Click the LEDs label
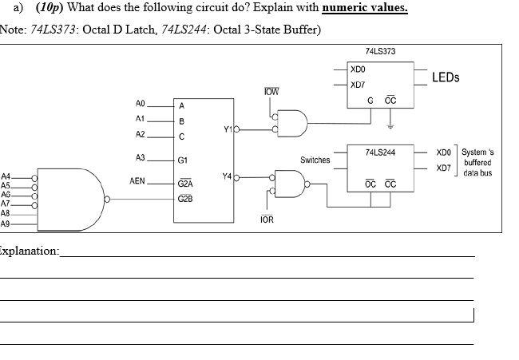tap(446, 77)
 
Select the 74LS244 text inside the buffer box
tap(379, 151)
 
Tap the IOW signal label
tap(271, 93)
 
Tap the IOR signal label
tap(267, 218)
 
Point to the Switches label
tap(315, 160)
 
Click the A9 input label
tap(6, 224)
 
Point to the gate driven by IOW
tap(292, 123)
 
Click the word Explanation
tap(29, 251)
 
